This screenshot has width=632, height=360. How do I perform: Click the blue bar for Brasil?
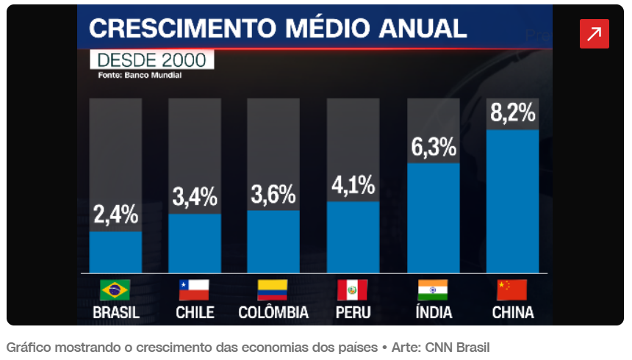115,252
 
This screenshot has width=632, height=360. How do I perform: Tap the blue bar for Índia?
433,217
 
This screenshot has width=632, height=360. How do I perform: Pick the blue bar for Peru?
353,237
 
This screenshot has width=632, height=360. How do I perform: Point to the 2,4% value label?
115,216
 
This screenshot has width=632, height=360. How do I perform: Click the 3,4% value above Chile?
195,197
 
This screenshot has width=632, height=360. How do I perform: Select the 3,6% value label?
273,194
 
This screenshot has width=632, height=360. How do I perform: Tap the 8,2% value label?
512,113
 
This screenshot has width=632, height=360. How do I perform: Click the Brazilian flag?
115,290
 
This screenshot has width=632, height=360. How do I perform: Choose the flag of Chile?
195,290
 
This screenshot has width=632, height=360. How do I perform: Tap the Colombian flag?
273,290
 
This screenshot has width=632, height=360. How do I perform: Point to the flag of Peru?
353,290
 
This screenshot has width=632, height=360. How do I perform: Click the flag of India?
433,290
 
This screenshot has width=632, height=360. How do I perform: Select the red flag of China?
512,290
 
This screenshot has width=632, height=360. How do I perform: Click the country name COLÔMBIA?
273,312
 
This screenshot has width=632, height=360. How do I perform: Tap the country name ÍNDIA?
433,312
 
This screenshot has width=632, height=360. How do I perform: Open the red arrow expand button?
594,34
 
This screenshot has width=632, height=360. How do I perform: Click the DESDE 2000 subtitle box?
151,60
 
